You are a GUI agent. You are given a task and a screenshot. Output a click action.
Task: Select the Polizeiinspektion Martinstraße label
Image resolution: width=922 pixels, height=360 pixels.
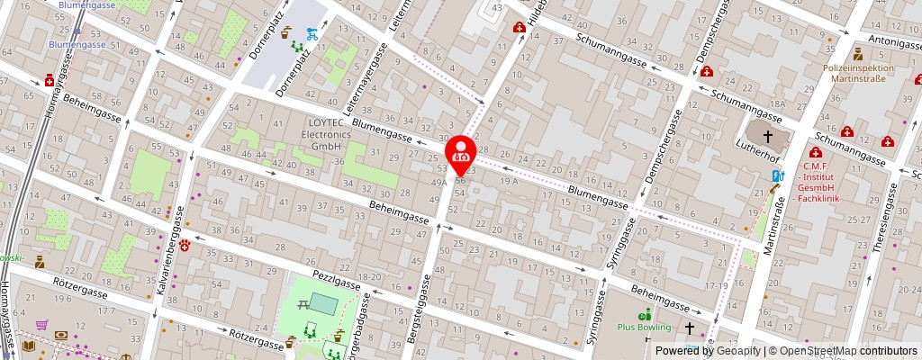click(x=858, y=73)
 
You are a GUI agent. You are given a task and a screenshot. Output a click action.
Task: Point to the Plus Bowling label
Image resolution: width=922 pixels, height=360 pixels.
click(x=643, y=327)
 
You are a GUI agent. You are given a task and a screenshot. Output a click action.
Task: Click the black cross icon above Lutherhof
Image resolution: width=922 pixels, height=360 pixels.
click(x=768, y=137)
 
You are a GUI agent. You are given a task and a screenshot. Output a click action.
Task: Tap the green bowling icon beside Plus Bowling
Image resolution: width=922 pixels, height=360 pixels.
click(x=645, y=314)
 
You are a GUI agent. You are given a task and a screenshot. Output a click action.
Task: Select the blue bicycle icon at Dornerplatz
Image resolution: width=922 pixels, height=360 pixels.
click(x=311, y=34)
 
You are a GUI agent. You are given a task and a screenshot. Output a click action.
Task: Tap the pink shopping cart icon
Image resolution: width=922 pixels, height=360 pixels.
click(x=41, y=325)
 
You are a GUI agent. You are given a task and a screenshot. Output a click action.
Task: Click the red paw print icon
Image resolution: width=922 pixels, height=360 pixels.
click(x=185, y=244)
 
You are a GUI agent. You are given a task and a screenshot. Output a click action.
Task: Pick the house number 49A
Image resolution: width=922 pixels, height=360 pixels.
click(x=439, y=182)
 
